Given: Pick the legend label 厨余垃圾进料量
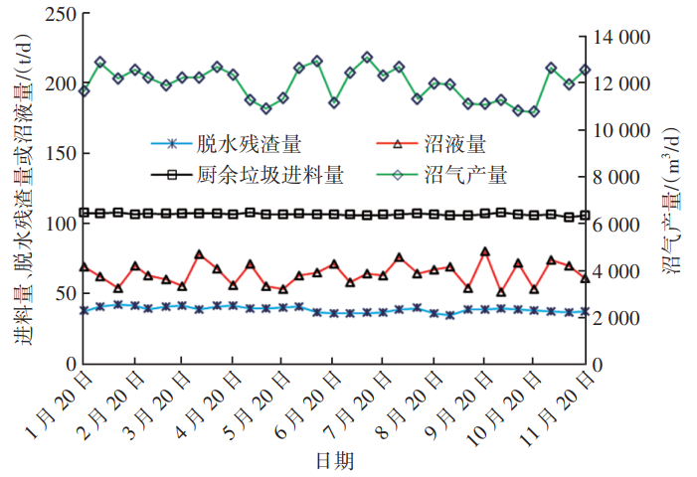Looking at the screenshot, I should tap(284, 175).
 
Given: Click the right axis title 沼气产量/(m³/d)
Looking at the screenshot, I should tap(671, 199).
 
